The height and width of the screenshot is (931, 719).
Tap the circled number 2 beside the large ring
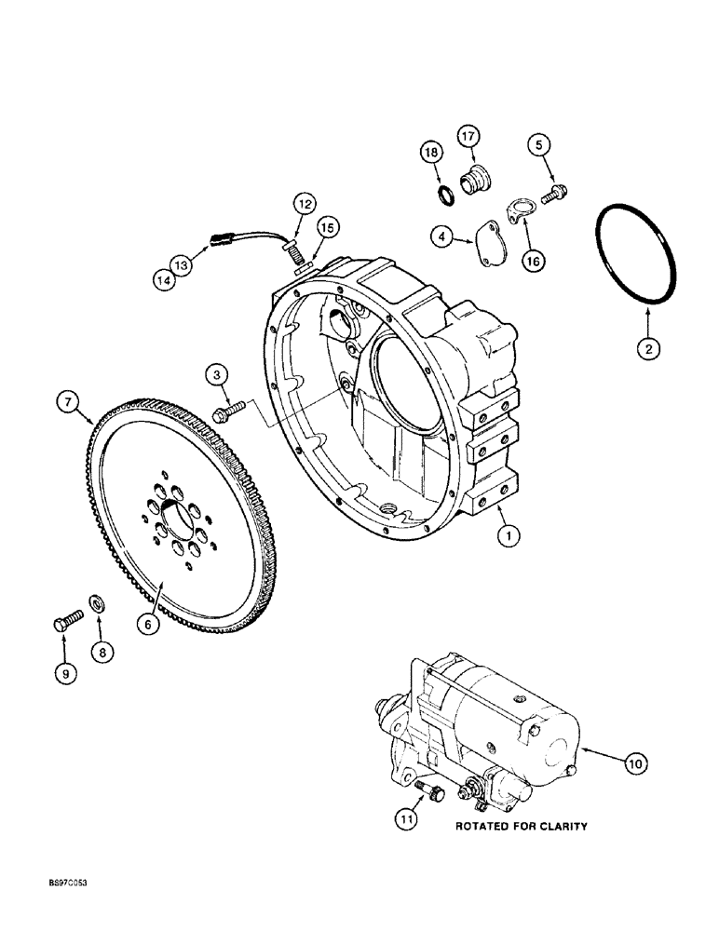point(648,350)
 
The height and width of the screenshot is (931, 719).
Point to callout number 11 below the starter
point(406,819)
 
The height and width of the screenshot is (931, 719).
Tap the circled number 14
point(165,277)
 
